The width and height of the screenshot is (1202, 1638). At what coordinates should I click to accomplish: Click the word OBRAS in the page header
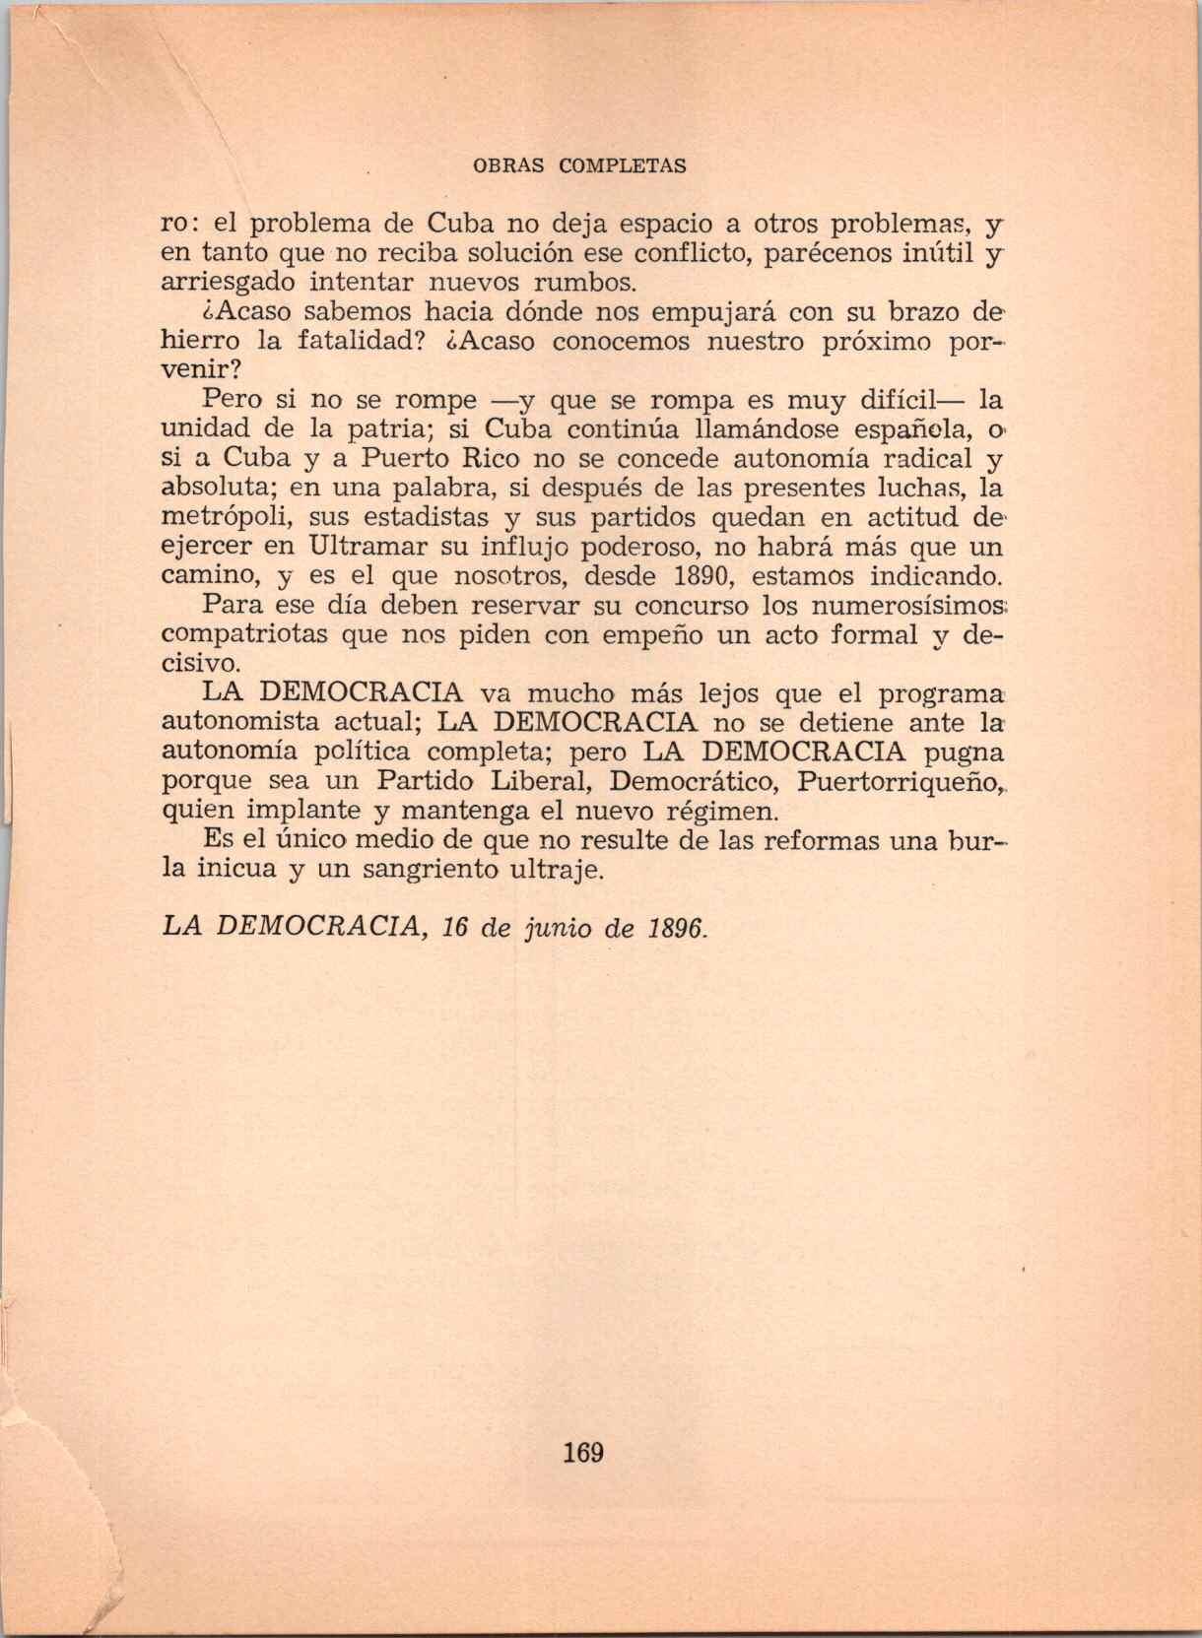point(508,166)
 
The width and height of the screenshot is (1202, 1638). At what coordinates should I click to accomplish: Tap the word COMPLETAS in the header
point(623,166)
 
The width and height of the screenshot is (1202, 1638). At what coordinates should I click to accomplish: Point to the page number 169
point(583,1453)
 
